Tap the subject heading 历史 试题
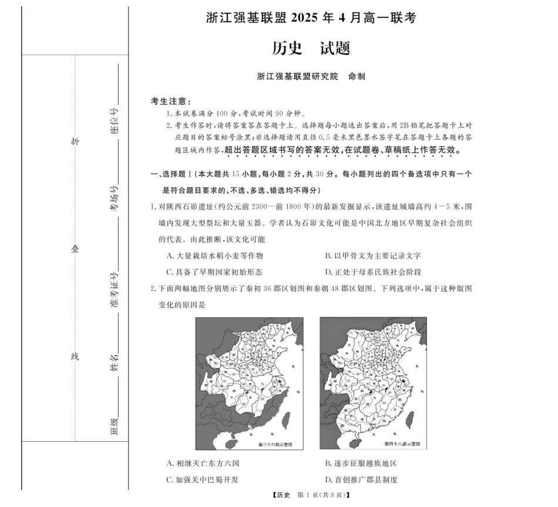(x=311, y=48)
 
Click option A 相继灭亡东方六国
(x=203, y=463)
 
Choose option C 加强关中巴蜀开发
(x=203, y=479)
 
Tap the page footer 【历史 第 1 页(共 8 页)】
(x=311, y=495)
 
